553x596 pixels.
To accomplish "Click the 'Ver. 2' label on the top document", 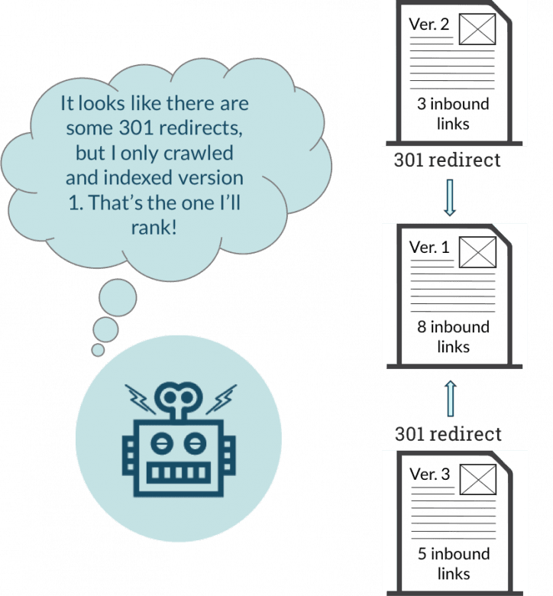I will [429, 24].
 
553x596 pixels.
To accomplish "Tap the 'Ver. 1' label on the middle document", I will [428, 248].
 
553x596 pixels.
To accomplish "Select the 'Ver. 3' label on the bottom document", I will [429, 475].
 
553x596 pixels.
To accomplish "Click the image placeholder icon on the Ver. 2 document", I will [477, 29].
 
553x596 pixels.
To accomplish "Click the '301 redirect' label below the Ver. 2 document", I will [447, 162].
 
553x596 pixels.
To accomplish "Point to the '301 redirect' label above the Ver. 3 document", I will [448, 433].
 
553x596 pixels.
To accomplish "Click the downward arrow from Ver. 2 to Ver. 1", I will [450, 197].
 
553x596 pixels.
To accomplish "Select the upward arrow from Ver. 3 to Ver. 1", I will [450, 400].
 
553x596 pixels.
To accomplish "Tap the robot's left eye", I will [162, 442].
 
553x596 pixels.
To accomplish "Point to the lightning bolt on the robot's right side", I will [222, 398].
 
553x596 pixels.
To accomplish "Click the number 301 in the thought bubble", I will [144, 127].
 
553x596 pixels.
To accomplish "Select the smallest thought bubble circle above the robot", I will [98, 349].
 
